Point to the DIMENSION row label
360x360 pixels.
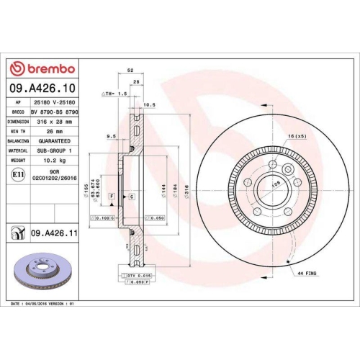[x=19, y=122]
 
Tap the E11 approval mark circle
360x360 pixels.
[x=17, y=174]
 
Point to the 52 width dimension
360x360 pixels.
[x=130, y=70]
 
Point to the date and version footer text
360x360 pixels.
[x=43, y=305]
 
